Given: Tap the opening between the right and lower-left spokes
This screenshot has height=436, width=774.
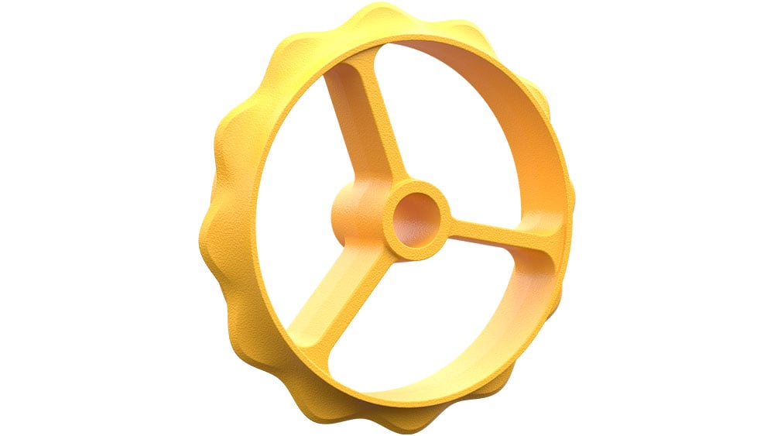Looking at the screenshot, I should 433,325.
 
